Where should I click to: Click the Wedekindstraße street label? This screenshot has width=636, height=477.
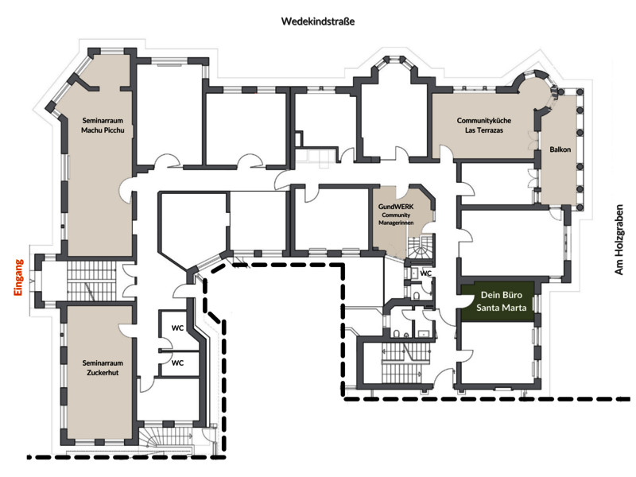point(317,21)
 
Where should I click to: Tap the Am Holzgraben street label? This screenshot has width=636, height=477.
point(619,239)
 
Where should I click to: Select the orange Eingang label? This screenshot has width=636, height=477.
point(18,277)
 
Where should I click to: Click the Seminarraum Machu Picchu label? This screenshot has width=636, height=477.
point(103,126)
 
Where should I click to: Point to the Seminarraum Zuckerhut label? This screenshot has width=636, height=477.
point(103,368)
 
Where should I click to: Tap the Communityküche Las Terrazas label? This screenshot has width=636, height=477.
point(484,126)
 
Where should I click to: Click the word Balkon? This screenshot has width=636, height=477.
point(560,149)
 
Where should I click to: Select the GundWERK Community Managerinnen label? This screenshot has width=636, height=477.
point(396,215)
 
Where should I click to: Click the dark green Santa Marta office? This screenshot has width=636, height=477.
point(497,301)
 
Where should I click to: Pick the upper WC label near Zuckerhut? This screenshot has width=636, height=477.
point(177,328)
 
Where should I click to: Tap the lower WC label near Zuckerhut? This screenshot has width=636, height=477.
point(177,363)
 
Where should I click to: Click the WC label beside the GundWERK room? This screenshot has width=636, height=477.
point(425,273)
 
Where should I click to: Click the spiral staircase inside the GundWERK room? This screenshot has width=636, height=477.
point(421,247)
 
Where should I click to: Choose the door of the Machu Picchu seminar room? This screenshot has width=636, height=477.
point(126,192)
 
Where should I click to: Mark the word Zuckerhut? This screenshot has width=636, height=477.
point(103,372)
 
